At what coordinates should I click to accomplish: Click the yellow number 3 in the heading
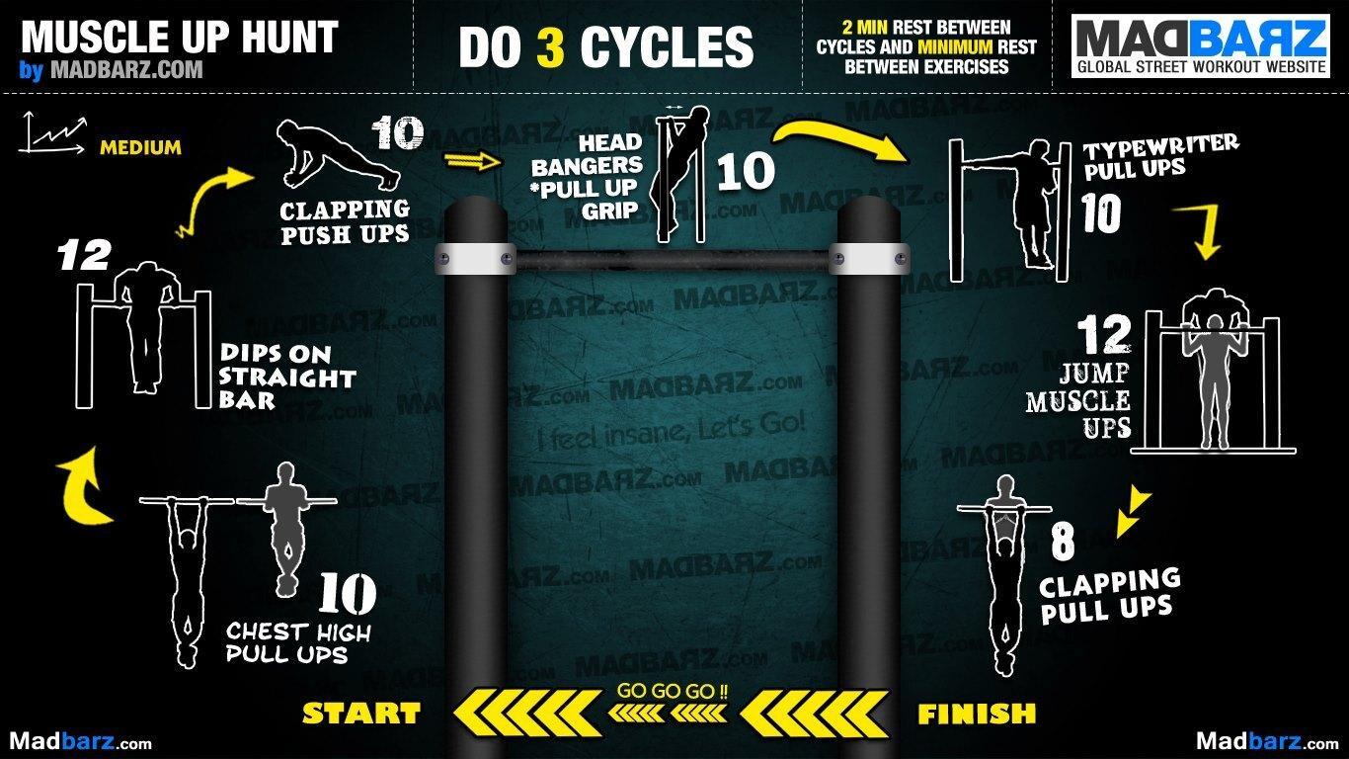click(x=550, y=47)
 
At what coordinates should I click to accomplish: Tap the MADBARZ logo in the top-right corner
click(x=1201, y=47)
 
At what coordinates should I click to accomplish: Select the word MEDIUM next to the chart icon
click(x=140, y=147)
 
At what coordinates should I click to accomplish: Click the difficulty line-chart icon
click(x=51, y=132)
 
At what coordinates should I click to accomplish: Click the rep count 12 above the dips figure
click(x=84, y=256)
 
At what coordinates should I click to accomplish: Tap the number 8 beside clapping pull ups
click(x=1063, y=542)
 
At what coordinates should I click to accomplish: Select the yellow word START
click(x=361, y=714)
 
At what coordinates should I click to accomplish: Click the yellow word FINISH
click(x=977, y=715)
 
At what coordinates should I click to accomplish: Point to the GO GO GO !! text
click(x=673, y=691)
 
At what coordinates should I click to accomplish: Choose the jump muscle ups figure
click(x=1213, y=371)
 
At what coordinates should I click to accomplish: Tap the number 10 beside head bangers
click(x=746, y=171)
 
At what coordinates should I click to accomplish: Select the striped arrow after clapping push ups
click(x=473, y=161)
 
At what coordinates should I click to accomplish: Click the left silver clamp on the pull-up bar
click(x=475, y=259)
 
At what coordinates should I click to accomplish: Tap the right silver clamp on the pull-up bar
click(x=869, y=259)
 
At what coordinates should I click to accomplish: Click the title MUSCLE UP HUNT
click(x=180, y=38)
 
